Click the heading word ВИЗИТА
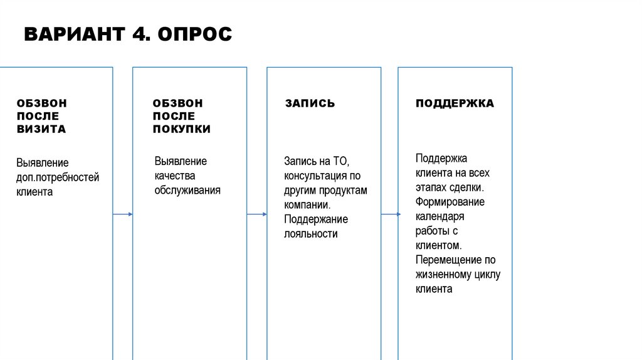(x=41, y=129)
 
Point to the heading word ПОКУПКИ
(x=182, y=129)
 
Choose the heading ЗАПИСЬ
(x=310, y=103)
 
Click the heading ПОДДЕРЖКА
(x=455, y=103)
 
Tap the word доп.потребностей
(x=58, y=177)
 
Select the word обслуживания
(x=187, y=190)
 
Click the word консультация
(x=317, y=176)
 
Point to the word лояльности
(x=311, y=234)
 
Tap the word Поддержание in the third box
(x=316, y=220)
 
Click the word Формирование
(x=450, y=202)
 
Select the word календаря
(x=439, y=216)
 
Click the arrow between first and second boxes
(x=123, y=214)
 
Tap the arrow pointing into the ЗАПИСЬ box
(x=257, y=214)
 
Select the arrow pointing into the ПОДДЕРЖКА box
(x=390, y=214)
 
